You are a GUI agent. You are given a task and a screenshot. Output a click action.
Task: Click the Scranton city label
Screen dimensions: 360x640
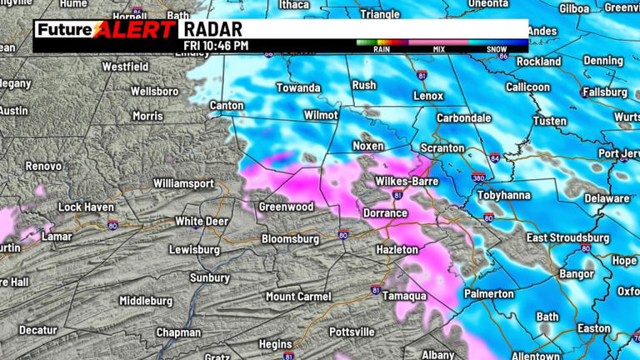pos(442,147)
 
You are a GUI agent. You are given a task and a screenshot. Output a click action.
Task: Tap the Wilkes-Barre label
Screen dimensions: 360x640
pos(406,181)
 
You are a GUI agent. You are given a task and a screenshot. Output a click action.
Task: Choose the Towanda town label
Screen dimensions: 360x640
pos(298,87)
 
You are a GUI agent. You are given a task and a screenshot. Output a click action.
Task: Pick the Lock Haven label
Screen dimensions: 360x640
pos(86,207)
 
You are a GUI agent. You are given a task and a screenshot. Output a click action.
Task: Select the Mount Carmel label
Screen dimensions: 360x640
pos(298,297)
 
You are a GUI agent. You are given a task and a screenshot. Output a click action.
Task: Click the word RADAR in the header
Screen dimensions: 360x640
pos(212,30)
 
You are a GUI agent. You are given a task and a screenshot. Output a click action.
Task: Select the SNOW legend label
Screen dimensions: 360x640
pos(497,49)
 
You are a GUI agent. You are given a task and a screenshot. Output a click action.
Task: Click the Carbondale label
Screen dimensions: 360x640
pos(464,118)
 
